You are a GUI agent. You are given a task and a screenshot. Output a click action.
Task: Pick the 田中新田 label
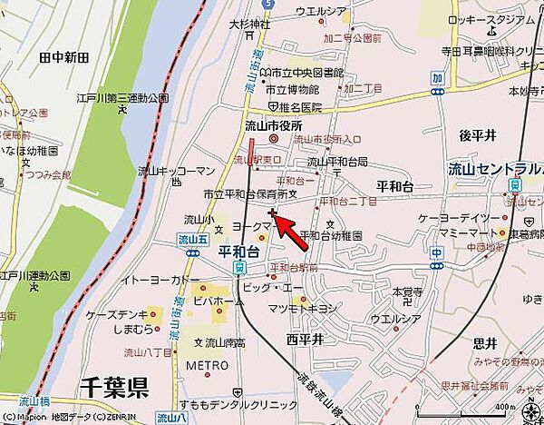click(x=64, y=57)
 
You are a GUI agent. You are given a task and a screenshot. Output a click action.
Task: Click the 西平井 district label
click(x=305, y=339)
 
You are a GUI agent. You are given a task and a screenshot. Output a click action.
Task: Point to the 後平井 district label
click(x=477, y=134)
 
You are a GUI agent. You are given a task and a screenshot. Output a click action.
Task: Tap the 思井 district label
click(x=485, y=342)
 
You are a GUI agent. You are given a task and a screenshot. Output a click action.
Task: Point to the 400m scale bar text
click(x=504, y=406)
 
